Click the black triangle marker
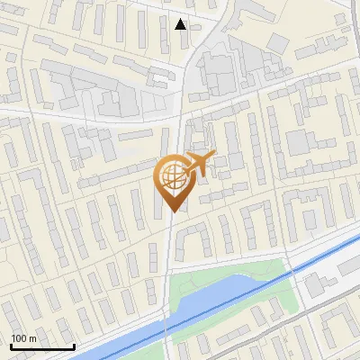pos(181,24)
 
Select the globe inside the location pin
pos(173,177)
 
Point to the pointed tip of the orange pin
pos(173,212)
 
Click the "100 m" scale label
pos(23,338)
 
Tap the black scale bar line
pos(42,346)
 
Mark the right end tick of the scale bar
pos(74,345)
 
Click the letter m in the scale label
pos(33,338)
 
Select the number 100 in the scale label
pos(19,338)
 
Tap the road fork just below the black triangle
pos(192,49)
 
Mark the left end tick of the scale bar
pos(11,345)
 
